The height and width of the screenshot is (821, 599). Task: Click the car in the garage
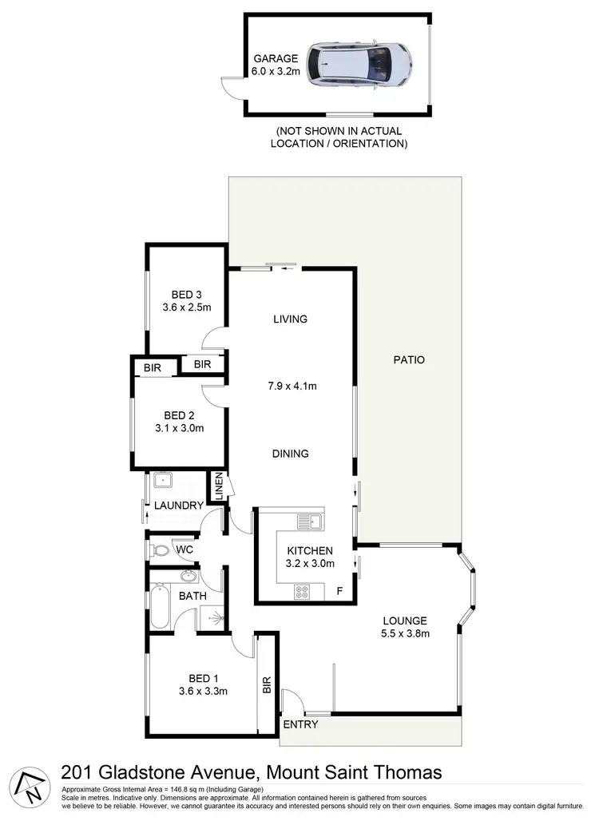362,63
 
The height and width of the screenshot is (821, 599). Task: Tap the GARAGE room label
276,58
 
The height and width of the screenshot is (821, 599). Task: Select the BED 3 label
186,293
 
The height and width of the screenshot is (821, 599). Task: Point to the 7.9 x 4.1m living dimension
290,387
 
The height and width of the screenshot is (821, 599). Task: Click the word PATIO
409,360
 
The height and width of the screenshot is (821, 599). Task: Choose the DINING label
290,454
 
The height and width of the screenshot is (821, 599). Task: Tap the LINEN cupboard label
216,487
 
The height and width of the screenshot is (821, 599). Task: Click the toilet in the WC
160,549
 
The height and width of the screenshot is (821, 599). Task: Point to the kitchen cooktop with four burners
303,592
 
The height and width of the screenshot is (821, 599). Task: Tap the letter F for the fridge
339,592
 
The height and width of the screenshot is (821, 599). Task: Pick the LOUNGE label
405,621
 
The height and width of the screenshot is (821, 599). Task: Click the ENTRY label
301,725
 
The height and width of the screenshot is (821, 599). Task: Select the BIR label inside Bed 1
267,684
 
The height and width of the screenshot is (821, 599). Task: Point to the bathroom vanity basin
188,577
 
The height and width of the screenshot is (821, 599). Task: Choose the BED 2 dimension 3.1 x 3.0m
180,428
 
